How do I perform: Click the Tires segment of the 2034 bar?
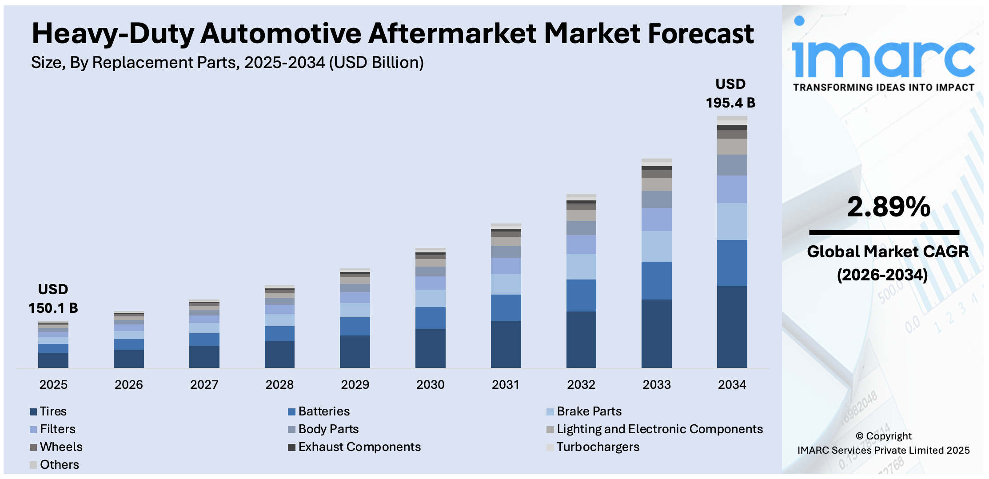click(732, 327)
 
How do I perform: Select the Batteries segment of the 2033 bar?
click(656, 280)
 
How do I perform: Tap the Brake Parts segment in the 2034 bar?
click(732, 221)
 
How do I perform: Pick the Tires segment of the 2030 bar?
click(430, 348)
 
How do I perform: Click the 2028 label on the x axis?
click(279, 384)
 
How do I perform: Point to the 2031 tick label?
click(506, 384)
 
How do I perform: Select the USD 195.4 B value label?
click(730, 94)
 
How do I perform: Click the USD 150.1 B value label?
click(53, 299)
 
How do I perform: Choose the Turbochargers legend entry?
click(598, 447)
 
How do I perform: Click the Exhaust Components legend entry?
click(359, 447)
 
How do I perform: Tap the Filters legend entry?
click(57, 429)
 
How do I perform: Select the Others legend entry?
click(59, 465)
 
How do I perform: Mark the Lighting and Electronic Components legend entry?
click(659, 429)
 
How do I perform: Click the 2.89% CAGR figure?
click(888, 207)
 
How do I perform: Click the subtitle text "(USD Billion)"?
click(376, 63)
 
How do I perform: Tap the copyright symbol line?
click(884, 436)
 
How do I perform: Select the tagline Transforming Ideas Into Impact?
click(883, 88)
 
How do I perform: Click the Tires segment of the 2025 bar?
click(53, 360)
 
